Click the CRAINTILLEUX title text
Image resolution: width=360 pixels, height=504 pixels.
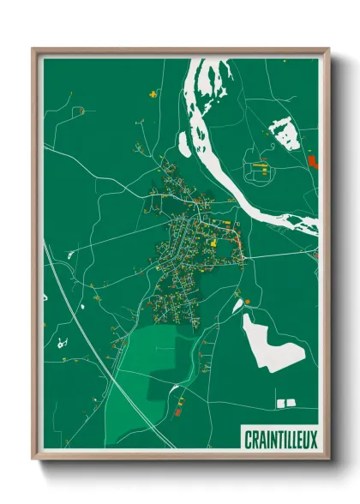click(279, 441)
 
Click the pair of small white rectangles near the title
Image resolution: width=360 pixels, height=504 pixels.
click(285, 401)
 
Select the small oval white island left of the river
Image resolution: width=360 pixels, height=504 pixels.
click(185, 142)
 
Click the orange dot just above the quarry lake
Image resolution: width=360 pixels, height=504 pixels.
click(247, 302)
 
